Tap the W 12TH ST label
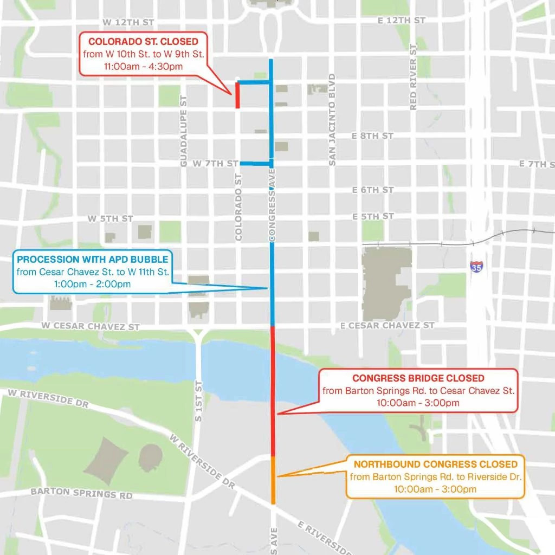128,22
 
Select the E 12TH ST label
401,20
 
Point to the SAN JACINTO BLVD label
332,119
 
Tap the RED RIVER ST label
414,77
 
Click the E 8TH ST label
372,135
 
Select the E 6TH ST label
372,190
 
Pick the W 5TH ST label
111,218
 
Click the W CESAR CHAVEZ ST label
91,326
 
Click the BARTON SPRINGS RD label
81,493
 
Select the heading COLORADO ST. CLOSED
143,42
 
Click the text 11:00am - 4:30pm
143,67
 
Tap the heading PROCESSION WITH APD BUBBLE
92,260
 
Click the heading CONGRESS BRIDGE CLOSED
418,378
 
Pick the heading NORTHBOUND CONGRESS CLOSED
435,464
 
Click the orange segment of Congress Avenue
274,480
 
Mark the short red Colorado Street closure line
237,95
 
